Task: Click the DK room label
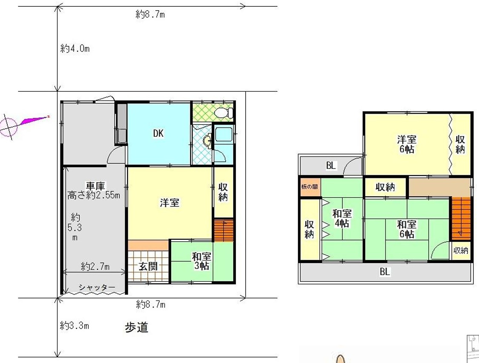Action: click(x=158, y=133)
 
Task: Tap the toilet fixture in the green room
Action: click(x=223, y=113)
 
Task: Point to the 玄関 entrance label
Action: click(x=149, y=266)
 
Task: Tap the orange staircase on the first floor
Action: click(x=224, y=230)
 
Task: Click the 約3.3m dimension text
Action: click(x=75, y=326)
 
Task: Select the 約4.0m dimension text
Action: click(x=75, y=49)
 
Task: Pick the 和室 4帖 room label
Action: click(x=341, y=218)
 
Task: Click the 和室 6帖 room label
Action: click(x=407, y=229)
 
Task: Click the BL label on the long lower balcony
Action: click(x=384, y=272)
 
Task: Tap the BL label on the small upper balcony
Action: click(x=331, y=166)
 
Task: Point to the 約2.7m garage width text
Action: click(x=95, y=267)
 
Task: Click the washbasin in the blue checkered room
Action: click(x=207, y=141)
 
